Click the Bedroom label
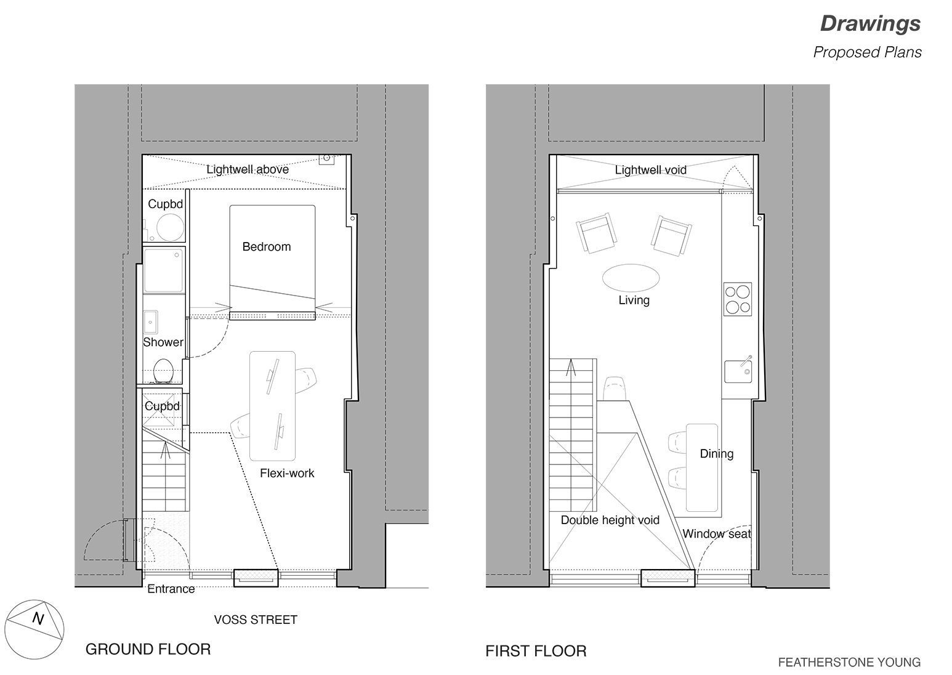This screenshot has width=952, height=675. coord(266,247)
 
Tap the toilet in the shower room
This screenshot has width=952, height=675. coord(163,371)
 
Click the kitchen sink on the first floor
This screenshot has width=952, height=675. coord(737,371)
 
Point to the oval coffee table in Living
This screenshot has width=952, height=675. coord(630,277)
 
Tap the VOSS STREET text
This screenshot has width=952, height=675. coord(256,620)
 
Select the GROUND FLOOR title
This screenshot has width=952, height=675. coord(148,649)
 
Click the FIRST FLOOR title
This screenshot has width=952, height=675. coord(536,651)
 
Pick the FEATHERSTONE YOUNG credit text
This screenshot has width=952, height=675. coord(849,663)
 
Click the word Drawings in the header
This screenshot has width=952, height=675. coord(870,23)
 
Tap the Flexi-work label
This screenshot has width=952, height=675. coord(287,473)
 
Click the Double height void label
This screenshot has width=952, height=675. coord(610,520)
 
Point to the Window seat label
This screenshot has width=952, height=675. coord(716,534)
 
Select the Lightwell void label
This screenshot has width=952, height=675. coord(650,170)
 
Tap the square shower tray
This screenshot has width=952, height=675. coord(164,270)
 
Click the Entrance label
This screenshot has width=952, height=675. coord(171,589)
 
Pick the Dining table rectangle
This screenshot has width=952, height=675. coord(702,468)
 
